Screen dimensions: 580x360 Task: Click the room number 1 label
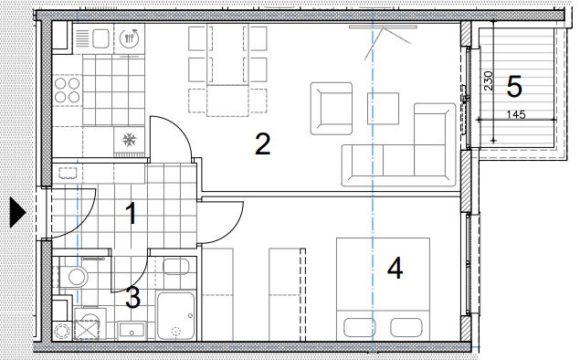click(x=131, y=214)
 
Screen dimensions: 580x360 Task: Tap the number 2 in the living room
click(x=263, y=144)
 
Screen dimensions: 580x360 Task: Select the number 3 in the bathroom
click(x=132, y=298)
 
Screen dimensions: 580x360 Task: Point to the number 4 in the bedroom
click(x=395, y=269)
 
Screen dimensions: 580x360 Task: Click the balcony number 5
click(x=514, y=87)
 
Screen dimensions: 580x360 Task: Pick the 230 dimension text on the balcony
click(x=489, y=81)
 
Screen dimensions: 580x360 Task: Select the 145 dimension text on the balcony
click(x=516, y=114)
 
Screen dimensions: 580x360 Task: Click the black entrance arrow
click(x=17, y=212)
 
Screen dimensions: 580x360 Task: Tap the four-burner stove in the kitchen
click(x=67, y=90)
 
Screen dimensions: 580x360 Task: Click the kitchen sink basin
click(x=100, y=38)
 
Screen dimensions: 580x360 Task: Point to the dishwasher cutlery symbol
click(x=129, y=37)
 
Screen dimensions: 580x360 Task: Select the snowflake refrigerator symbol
click(x=129, y=140)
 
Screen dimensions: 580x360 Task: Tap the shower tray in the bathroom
click(x=176, y=315)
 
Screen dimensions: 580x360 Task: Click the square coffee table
click(x=384, y=109)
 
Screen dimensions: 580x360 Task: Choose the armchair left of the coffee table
click(x=332, y=109)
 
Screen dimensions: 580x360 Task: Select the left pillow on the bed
click(x=359, y=327)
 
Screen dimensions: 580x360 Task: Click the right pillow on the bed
click(x=406, y=327)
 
